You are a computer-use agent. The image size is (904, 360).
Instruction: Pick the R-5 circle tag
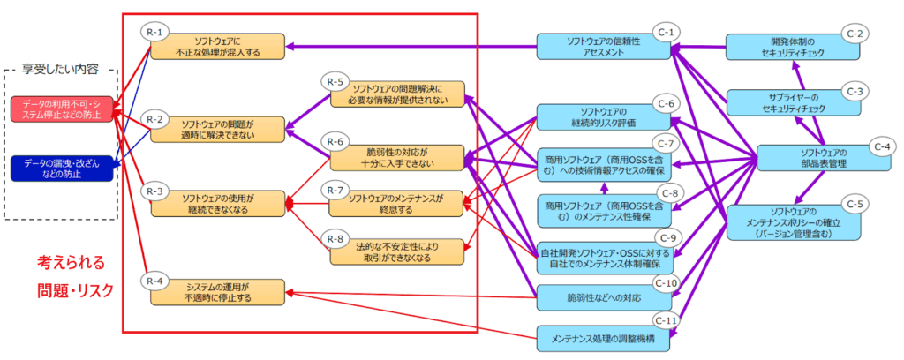pos(335,82)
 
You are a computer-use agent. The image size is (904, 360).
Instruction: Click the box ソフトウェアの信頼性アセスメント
pos(605,47)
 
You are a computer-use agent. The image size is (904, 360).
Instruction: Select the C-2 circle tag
pos(854,34)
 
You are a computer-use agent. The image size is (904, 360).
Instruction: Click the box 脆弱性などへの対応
pos(605,297)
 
